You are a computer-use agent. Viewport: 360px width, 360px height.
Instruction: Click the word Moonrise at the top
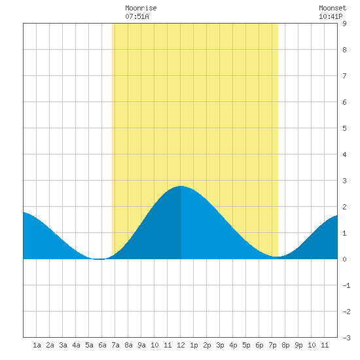click(x=141, y=9)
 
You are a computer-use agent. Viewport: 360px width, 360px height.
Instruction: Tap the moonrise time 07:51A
click(x=137, y=16)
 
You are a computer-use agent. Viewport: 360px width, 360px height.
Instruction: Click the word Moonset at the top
click(x=333, y=9)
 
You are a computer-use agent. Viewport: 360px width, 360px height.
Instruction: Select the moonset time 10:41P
click(x=331, y=16)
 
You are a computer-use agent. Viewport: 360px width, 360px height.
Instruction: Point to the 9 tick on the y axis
click(x=344, y=24)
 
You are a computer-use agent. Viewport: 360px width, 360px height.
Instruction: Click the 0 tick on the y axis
click(x=344, y=259)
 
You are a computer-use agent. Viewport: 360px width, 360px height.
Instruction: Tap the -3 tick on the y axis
click(x=346, y=338)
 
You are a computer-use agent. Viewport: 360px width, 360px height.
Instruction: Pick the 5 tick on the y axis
click(x=344, y=128)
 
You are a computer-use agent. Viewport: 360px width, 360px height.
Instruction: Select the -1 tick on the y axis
click(x=346, y=285)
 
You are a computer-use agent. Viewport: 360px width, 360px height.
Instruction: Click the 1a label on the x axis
click(x=37, y=345)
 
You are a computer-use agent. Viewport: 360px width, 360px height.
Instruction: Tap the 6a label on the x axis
click(x=102, y=345)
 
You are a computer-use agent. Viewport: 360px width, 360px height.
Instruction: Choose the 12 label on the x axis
click(x=181, y=345)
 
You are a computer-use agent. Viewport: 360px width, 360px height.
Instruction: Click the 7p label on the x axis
click(x=272, y=345)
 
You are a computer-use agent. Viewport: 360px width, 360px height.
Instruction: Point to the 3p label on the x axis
click(x=220, y=345)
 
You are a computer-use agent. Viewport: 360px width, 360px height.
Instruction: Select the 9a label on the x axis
click(x=141, y=345)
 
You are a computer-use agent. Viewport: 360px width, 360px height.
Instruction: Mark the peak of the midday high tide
click(x=181, y=186)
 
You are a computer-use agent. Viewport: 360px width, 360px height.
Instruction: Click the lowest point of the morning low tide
click(x=99, y=259)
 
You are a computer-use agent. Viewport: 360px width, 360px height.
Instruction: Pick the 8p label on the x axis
click(x=285, y=345)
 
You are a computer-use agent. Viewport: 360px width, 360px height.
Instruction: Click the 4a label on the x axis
click(x=76, y=345)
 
